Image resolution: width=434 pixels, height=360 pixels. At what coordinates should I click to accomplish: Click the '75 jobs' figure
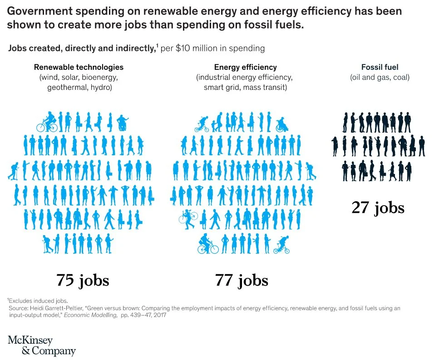point(83,280)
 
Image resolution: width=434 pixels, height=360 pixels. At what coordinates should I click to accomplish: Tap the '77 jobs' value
point(242,280)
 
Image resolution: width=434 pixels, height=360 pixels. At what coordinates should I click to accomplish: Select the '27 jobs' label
point(378,207)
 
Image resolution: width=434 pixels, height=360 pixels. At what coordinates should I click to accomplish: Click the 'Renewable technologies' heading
point(79,67)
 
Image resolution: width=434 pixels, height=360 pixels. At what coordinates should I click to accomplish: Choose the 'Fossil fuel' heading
point(380,67)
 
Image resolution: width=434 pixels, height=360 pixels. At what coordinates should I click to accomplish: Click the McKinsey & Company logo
point(42,345)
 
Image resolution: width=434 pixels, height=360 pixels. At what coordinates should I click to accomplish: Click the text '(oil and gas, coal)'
point(380,77)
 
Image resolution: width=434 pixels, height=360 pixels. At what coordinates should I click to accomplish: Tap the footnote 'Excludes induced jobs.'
point(38,300)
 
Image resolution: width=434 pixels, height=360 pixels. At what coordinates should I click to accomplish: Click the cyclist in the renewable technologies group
point(48,121)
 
